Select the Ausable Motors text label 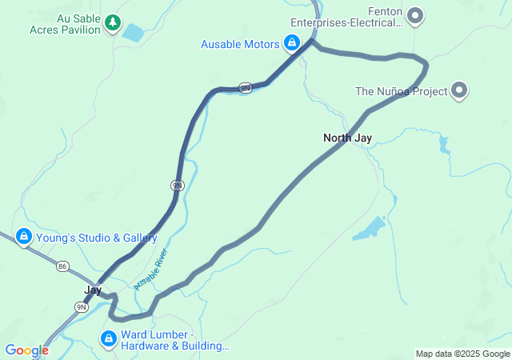[x=239, y=43]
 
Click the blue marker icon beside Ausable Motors [x=292, y=42]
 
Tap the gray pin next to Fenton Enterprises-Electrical [x=415, y=14]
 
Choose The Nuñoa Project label [x=401, y=91]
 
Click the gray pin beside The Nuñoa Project [x=459, y=90]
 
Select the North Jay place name [x=347, y=138]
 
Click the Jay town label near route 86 [x=94, y=290]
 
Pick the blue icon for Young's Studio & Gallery [x=24, y=237]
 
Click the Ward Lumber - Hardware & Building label [x=174, y=340]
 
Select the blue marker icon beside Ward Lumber [x=107, y=340]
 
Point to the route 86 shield [x=63, y=266]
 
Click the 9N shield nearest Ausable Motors [x=246, y=87]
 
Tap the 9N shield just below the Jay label [x=81, y=306]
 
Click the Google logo [x=26, y=350]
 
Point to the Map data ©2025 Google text [x=462, y=354]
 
